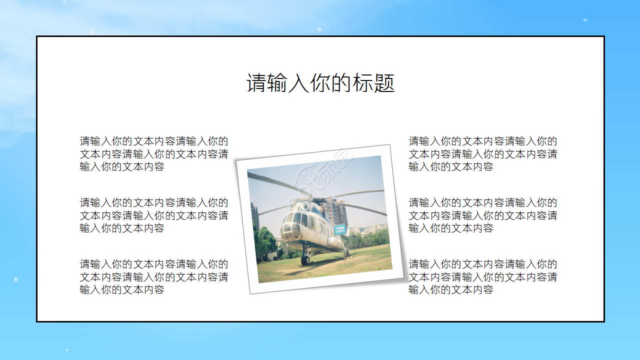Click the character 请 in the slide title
pyautogui.click(x=255, y=83)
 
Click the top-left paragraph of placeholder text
pyautogui.click(x=154, y=154)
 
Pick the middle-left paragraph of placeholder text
pyautogui.click(x=154, y=215)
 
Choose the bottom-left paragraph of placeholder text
pyautogui.click(x=154, y=277)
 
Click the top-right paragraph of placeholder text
pyautogui.click(x=483, y=154)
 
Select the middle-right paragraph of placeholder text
pyautogui.click(x=483, y=215)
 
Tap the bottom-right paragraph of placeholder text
pyautogui.click(x=483, y=277)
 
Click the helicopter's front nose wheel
pyautogui.click(x=305, y=260)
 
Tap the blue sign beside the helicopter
pyautogui.click(x=340, y=229)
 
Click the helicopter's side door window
pyautogui.click(x=313, y=223)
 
